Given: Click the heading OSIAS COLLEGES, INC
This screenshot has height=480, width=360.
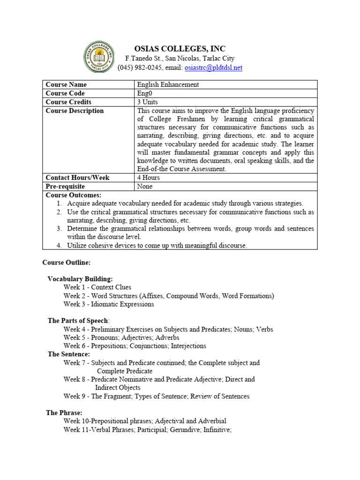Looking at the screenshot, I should [180, 49].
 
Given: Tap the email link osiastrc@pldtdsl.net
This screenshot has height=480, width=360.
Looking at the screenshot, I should [213, 67].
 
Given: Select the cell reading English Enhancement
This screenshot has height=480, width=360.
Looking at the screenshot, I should [168, 84].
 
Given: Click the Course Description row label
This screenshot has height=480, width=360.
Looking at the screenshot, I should [75, 111].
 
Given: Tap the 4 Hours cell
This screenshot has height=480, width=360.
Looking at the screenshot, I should [148, 178].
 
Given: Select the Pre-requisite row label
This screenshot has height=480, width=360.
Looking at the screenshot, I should [65, 186].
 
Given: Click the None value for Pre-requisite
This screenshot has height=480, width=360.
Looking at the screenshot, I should [145, 186].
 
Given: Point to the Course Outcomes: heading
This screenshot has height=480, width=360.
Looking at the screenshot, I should [73, 195].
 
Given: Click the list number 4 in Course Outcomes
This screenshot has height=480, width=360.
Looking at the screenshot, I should [60, 245].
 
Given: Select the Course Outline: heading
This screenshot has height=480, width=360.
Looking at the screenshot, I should [66, 262].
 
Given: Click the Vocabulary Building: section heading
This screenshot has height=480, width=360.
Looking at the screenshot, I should [80, 279].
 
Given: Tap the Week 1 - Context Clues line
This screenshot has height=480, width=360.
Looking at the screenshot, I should [97, 287].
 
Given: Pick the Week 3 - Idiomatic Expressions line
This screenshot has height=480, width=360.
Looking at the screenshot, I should [108, 304].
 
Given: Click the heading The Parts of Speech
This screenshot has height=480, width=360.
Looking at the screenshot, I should [78, 321].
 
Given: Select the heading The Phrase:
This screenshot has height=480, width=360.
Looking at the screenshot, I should [64, 412].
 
